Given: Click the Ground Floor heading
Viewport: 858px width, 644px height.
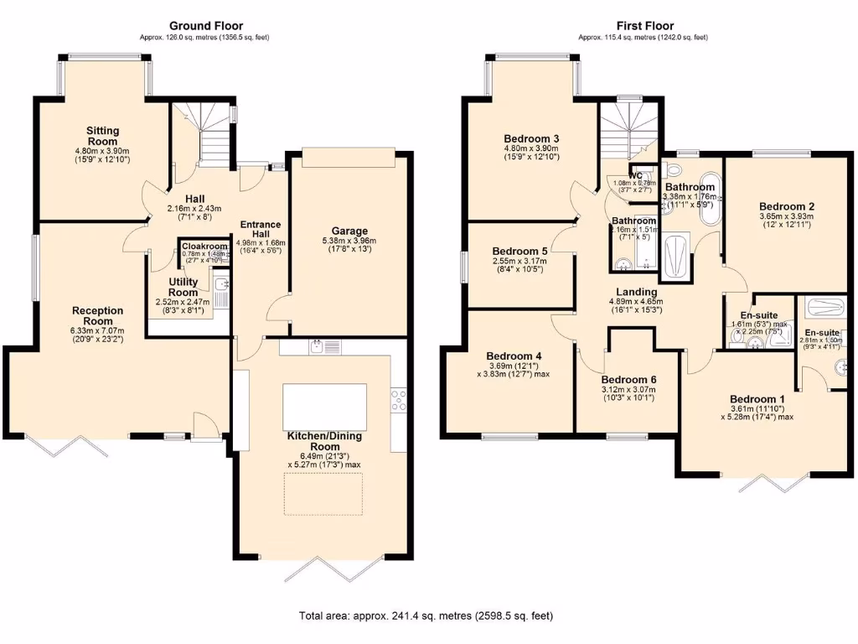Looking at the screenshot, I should pyautogui.click(x=206, y=26).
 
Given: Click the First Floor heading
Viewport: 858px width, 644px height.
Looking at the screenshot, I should pyautogui.click(x=643, y=26).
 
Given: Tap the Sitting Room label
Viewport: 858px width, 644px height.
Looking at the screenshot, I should pyautogui.click(x=102, y=136).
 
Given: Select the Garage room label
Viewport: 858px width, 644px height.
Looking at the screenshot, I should pyautogui.click(x=349, y=231).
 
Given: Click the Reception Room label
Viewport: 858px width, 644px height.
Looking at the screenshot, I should pyautogui.click(x=97, y=315).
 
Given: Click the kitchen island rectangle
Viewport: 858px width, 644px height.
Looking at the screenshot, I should pyautogui.click(x=324, y=406).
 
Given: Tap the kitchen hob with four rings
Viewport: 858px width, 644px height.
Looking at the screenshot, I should pyautogui.click(x=398, y=401).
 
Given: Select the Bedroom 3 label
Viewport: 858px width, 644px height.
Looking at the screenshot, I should pyautogui.click(x=532, y=138).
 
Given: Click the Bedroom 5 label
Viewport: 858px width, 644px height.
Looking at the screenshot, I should pyautogui.click(x=519, y=251).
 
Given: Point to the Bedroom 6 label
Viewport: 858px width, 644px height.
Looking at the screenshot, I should pyautogui.click(x=628, y=379).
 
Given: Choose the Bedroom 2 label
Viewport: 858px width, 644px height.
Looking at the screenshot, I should pyautogui.click(x=787, y=205).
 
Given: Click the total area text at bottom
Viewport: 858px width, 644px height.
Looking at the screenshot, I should pyautogui.click(x=426, y=616).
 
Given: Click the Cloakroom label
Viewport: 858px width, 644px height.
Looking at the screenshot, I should pyautogui.click(x=204, y=246).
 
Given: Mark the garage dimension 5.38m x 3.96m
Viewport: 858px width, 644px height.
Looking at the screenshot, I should pyautogui.click(x=349, y=242).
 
